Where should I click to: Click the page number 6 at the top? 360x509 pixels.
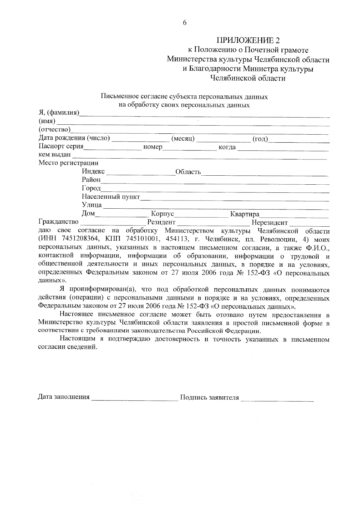click(184, 23)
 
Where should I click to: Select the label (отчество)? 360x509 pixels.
click(54, 130)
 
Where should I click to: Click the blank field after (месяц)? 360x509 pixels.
click(223, 140)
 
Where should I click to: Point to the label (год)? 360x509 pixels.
click(260, 138)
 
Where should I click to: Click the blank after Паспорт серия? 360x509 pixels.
click(112, 148)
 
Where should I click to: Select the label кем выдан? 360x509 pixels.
click(55, 155)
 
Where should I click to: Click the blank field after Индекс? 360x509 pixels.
click(140, 173)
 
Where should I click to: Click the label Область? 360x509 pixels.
click(188, 172)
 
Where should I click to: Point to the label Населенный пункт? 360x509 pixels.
click(111, 197)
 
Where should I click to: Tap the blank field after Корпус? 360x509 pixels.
click(201, 215)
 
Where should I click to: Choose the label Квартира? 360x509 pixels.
click(244, 214)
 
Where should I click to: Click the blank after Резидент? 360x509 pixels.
click(213, 223)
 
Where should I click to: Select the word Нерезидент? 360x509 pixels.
click(270, 223)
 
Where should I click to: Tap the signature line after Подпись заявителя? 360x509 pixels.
click(277, 399)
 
